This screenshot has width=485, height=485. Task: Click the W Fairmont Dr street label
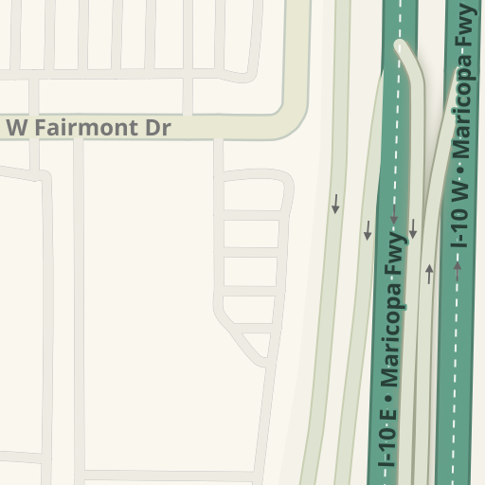click(88, 128)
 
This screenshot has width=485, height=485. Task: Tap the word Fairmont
click(90, 128)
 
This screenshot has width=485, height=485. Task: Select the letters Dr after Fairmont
click(159, 128)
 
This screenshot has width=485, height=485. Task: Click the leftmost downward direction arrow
click(335, 205)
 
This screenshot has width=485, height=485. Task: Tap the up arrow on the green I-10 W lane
click(458, 269)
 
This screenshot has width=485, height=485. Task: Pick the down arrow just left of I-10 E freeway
click(368, 229)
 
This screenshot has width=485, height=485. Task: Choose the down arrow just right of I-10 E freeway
click(413, 228)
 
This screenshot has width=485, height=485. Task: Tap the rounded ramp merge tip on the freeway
click(404, 47)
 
